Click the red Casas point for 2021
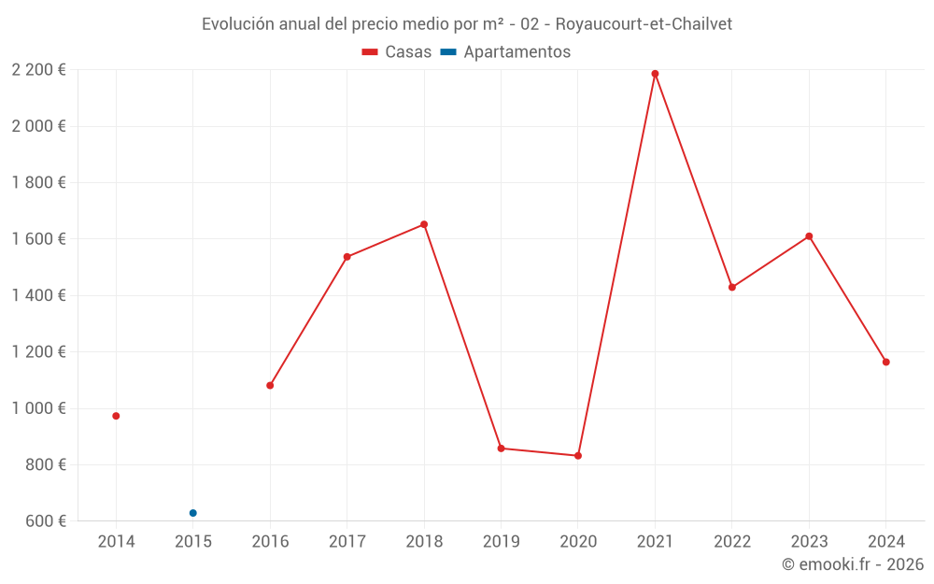point(655,74)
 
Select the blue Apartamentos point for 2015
point(193,513)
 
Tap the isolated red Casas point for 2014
point(116,416)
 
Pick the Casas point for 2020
point(578,456)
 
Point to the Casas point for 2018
point(424,224)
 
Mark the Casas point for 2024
point(886,362)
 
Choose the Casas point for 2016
point(270,385)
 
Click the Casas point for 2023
point(809,236)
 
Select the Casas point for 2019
point(501,449)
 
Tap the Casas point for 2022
point(732,287)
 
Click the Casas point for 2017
point(347,257)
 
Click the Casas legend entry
point(397,52)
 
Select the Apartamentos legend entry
point(505,52)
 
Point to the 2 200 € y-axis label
point(38,70)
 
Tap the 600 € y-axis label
point(45,521)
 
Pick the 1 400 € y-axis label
point(38,295)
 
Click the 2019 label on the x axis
point(501,541)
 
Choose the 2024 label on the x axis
point(885,541)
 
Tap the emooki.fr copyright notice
point(852,564)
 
